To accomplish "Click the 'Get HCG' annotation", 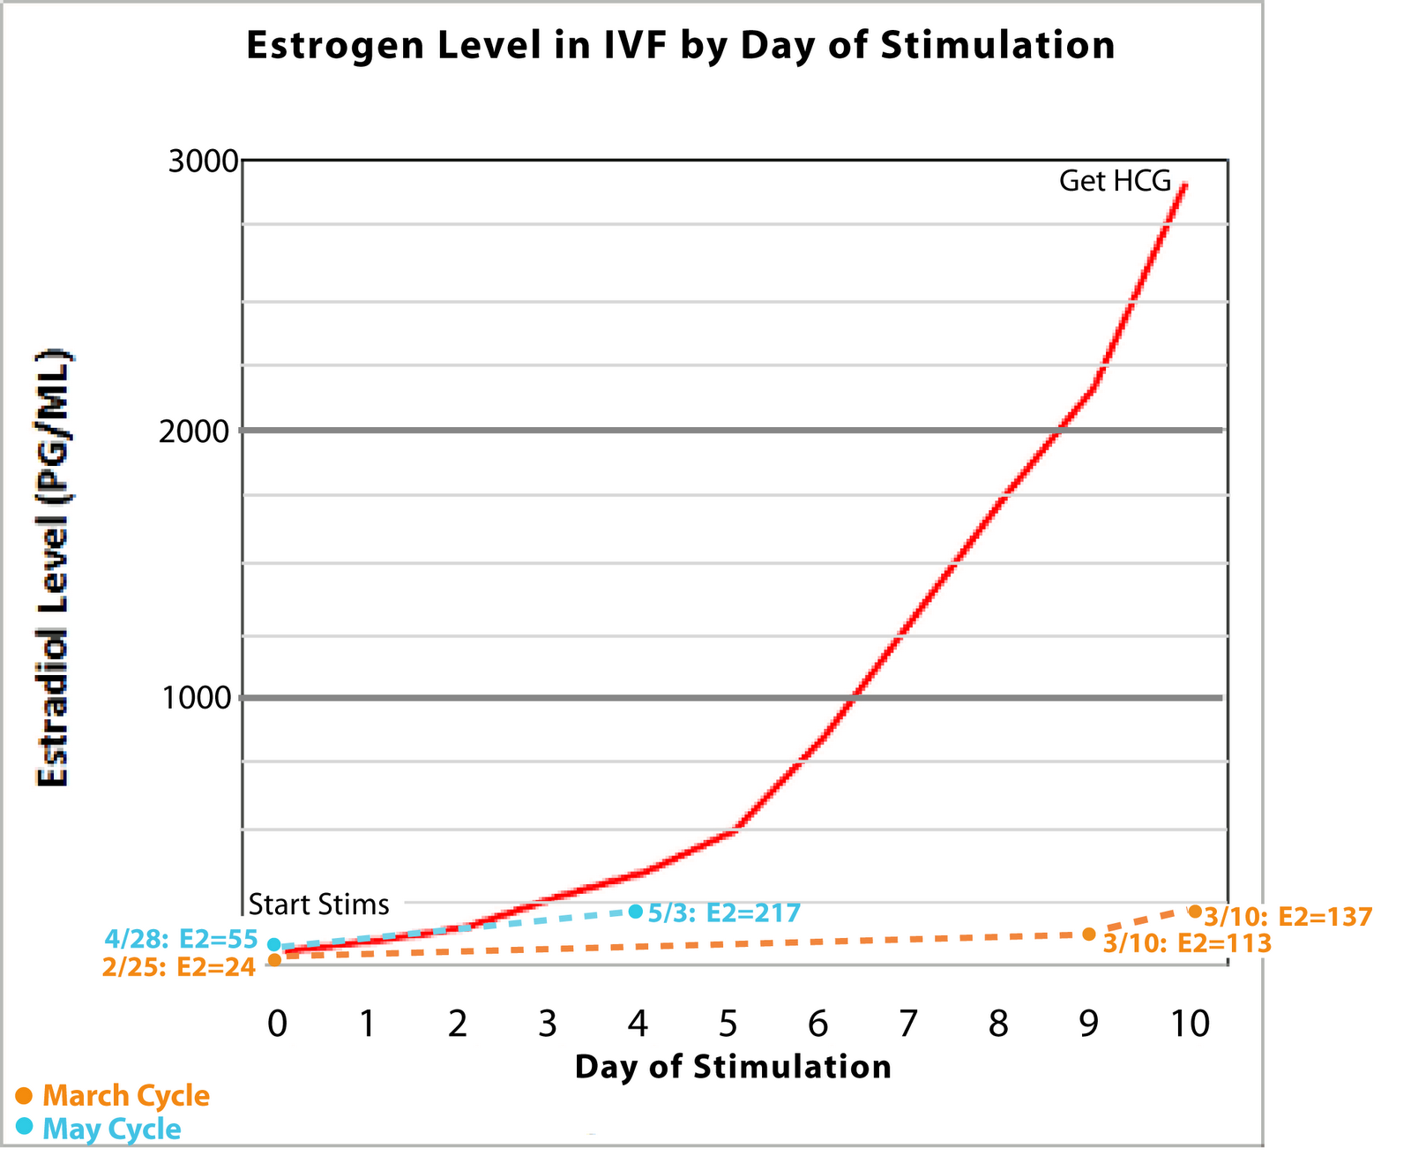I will coord(1115,182).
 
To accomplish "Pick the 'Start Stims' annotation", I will coord(318,905).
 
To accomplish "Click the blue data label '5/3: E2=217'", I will coord(724,912).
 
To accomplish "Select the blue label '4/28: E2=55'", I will coord(181,938).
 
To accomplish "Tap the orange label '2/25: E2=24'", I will coord(179,967).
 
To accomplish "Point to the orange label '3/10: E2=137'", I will coord(1288,917).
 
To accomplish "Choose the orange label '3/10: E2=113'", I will coord(1187,943).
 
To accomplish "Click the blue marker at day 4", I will coord(636,911).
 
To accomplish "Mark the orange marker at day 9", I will coord(1089,934).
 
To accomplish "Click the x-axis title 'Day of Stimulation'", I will coord(733,1067).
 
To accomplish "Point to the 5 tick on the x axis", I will coord(728,1024).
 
